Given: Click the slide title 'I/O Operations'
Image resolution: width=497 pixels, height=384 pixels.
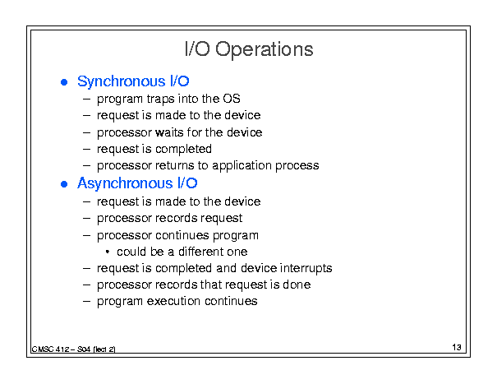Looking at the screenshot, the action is coord(249,49).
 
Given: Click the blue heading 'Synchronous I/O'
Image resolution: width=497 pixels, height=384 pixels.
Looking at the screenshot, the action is coord(133,81).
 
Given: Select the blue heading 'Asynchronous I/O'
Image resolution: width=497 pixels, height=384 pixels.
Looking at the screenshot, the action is coord(137,183).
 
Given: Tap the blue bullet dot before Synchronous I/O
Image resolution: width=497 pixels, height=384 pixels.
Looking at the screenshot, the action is coord(64,82).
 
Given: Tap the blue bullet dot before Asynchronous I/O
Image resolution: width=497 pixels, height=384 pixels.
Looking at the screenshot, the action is coord(64,184).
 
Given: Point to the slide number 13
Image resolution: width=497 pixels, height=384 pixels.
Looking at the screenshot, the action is coord(457,347).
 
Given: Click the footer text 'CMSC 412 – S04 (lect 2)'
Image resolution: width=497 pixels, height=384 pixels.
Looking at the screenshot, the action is coord(74,349).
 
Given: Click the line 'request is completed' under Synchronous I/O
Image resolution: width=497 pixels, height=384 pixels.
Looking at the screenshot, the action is coord(154,149).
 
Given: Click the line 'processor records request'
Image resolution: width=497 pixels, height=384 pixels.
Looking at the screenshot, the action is coord(169,219).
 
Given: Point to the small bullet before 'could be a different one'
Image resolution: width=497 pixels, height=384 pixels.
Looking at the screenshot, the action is coord(108,252).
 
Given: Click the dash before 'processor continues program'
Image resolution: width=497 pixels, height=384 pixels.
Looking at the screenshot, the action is coord(86,236).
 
